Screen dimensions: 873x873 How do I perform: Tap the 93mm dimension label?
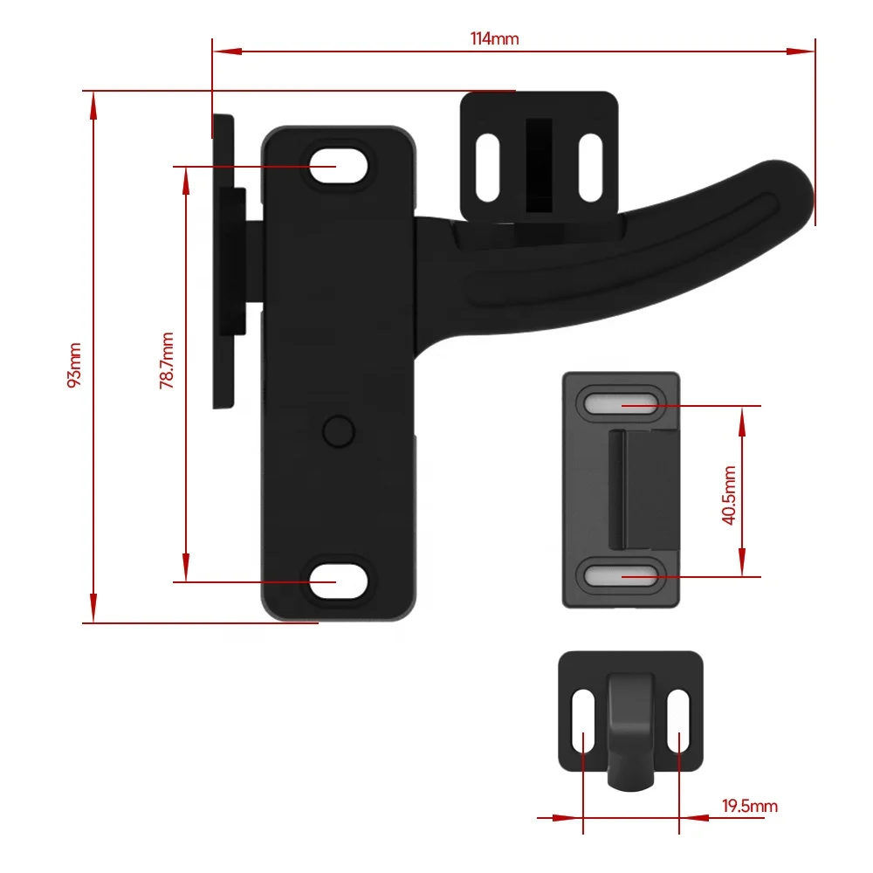pos(75,365)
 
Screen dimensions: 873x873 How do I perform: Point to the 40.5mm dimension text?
pos(730,494)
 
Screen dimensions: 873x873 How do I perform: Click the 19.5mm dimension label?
pos(749,806)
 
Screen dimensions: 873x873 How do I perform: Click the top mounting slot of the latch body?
pos(337,166)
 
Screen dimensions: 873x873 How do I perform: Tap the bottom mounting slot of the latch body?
pos(337,581)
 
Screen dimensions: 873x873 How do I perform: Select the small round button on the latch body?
pos(336,430)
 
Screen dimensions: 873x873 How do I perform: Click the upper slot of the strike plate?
pos(621,405)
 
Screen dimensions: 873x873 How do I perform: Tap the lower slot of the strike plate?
pos(621,575)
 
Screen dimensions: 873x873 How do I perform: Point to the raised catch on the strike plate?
pos(643,489)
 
